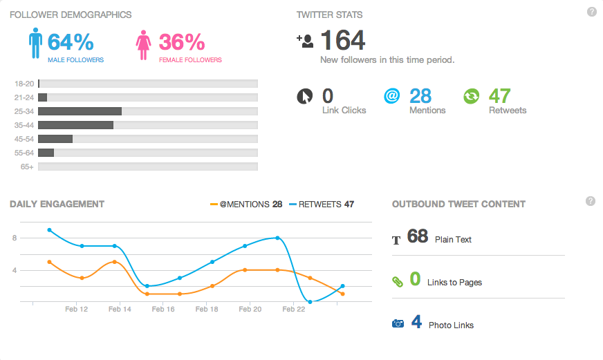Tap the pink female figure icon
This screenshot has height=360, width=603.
pyautogui.click(x=144, y=45)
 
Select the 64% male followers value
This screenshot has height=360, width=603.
pyautogui.click(x=71, y=42)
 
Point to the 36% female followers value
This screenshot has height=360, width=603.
pyautogui.click(x=182, y=42)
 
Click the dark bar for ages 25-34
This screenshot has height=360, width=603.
pyautogui.click(x=80, y=111)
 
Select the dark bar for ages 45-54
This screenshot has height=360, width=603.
pyautogui.click(x=55, y=139)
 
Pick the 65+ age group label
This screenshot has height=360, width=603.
pyautogui.click(x=28, y=167)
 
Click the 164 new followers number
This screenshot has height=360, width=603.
pyautogui.click(x=342, y=41)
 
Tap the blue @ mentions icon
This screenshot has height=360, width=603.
pyautogui.click(x=391, y=96)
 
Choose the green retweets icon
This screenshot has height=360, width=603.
pyautogui.click(x=471, y=96)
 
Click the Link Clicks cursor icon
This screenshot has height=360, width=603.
pyautogui.click(x=305, y=96)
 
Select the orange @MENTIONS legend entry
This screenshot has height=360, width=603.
pyautogui.click(x=245, y=205)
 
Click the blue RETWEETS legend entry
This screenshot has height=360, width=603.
pyautogui.click(x=322, y=205)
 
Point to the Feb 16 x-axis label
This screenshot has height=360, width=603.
pyautogui.click(x=163, y=310)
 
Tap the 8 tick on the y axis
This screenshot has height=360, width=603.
pyautogui.click(x=14, y=238)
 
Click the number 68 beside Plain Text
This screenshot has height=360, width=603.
pyautogui.click(x=418, y=236)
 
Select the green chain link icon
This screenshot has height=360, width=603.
pyautogui.click(x=397, y=281)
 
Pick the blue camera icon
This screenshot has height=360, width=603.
pyautogui.click(x=398, y=323)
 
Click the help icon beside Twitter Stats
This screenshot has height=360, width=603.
pyautogui.click(x=591, y=12)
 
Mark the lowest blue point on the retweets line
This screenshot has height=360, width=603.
pyautogui.click(x=310, y=301)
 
